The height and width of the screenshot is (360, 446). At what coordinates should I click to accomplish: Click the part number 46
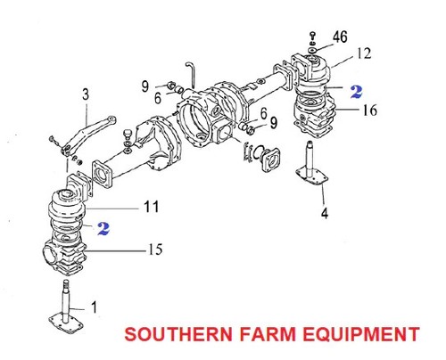click(x=340, y=37)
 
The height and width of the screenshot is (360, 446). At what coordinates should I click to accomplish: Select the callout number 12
click(x=363, y=53)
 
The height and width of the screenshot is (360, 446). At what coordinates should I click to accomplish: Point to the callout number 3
click(x=86, y=93)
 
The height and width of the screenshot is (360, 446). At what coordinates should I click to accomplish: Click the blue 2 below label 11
click(x=104, y=228)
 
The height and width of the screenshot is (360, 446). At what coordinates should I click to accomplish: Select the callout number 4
click(x=324, y=213)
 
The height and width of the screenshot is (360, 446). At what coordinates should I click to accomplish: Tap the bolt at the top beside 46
click(x=312, y=34)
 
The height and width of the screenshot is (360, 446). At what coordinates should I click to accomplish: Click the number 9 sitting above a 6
click(x=145, y=86)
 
